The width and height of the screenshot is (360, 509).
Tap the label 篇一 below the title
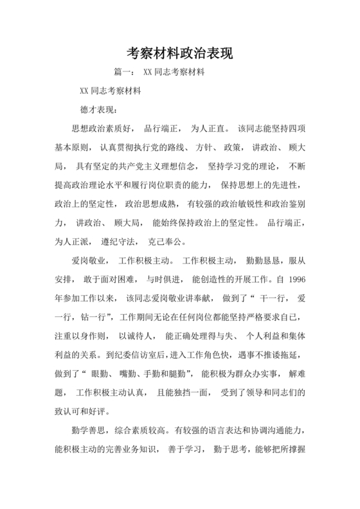tap(123, 73)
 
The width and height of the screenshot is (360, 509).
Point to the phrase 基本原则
tap(73, 147)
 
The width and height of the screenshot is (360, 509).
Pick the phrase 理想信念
tap(186, 166)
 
